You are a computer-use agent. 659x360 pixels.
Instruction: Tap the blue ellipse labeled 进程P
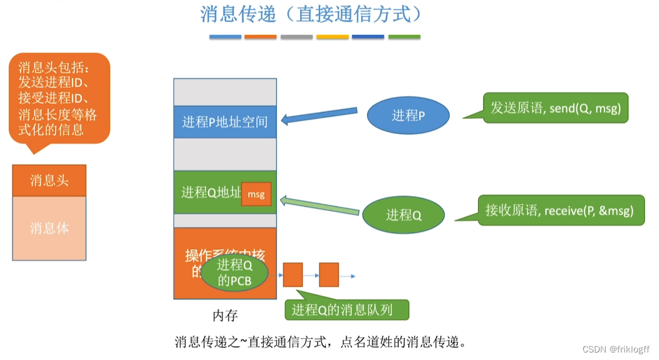click(x=408, y=115)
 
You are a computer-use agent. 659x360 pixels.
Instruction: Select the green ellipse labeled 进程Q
click(x=403, y=215)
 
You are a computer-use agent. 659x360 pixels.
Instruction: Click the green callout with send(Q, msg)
click(x=555, y=108)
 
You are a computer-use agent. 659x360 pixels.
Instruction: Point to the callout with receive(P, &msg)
click(x=559, y=210)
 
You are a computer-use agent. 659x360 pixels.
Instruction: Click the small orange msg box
click(x=256, y=195)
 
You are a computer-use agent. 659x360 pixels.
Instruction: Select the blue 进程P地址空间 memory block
click(x=225, y=121)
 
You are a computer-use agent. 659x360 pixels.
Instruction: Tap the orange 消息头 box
click(x=49, y=181)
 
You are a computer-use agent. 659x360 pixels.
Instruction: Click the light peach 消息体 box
click(x=49, y=228)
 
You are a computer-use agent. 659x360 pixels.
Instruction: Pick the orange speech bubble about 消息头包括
click(x=60, y=98)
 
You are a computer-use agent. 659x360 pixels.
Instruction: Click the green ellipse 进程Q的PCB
click(x=234, y=274)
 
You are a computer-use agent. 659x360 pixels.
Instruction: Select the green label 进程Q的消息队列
click(x=346, y=309)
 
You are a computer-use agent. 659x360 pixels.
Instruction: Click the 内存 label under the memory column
click(x=225, y=314)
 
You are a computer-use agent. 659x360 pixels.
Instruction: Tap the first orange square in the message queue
click(x=293, y=274)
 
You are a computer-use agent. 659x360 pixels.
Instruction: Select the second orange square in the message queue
click(x=328, y=274)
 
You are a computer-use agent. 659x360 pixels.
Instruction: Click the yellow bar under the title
click(x=332, y=37)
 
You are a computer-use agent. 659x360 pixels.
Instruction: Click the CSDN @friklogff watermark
click(x=616, y=349)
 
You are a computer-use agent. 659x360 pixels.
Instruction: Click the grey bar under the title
click(x=296, y=37)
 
